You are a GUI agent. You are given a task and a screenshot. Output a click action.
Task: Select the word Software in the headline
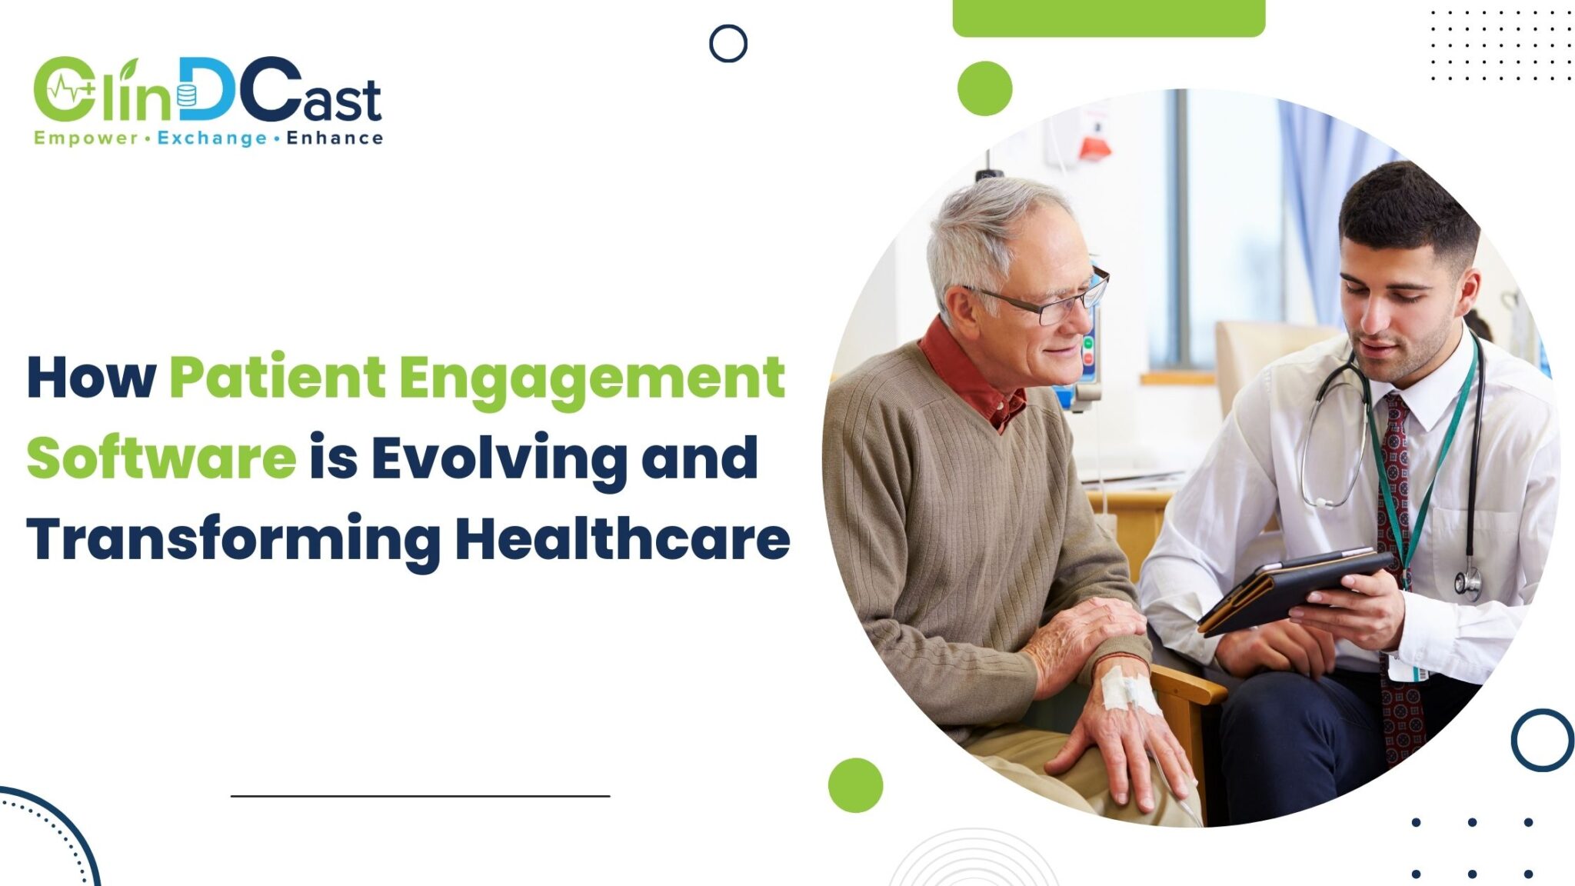tap(161, 458)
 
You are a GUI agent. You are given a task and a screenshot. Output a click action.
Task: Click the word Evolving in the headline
tap(499, 458)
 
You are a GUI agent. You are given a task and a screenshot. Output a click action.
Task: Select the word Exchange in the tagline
tap(212, 138)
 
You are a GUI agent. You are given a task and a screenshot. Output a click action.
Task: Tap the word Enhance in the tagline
tap(335, 138)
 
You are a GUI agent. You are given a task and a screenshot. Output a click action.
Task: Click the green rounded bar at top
tap(1108, 17)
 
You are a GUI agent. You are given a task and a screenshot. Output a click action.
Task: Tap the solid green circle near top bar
tap(984, 88)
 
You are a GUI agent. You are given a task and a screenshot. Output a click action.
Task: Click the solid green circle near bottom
tap(855, 784)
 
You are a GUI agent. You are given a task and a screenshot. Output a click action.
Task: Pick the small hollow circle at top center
tap(728, 43)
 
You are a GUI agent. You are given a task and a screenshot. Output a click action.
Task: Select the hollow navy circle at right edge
tap(1543, 739)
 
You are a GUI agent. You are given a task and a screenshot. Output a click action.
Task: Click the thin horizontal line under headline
tap(420, 796)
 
